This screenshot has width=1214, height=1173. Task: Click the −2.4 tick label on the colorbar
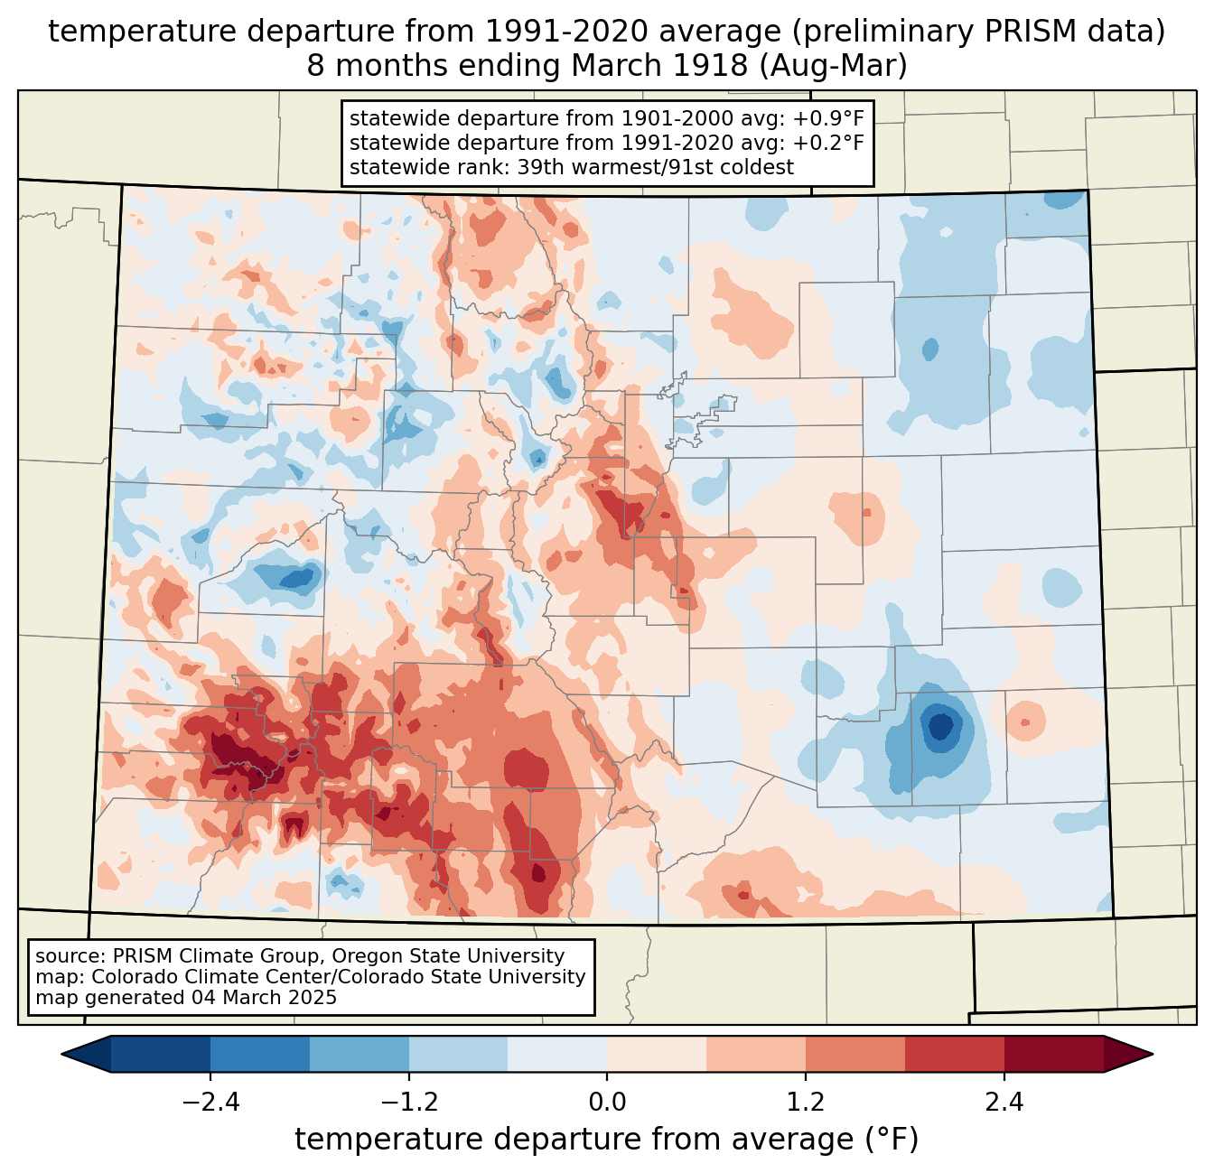tap(210, 1103)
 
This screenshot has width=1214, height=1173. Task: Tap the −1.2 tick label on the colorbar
tap(408, 1103)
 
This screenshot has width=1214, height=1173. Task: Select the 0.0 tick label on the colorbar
tap(607, 1103)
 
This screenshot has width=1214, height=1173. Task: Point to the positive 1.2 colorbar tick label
tap(806, 1103)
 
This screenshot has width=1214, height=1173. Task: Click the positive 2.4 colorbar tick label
tap(1004, 1103)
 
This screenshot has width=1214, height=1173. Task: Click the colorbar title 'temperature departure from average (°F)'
tap(607, 1140)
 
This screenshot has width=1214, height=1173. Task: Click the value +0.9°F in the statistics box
tap(829, 119)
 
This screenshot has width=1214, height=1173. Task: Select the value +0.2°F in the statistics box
tap(829, 143)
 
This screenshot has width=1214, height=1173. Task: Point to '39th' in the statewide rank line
tap(538, 167)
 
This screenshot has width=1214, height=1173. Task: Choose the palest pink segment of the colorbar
tap(657, 1054)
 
